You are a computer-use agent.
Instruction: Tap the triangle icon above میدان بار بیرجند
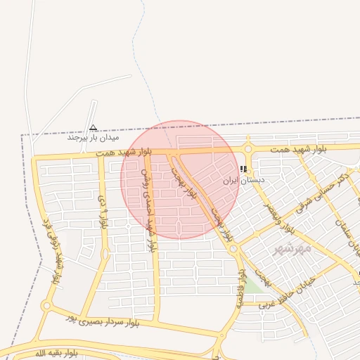(x=93, y=127)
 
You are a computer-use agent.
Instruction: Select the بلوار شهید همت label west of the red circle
(x=105, y=152)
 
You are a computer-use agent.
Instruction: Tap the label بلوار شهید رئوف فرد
(x=54, y=249)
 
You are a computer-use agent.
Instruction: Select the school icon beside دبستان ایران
(x=243, y=169)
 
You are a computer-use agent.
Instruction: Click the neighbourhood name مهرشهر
(x=291, y=248)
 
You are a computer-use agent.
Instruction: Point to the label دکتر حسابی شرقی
(x=317, y=191)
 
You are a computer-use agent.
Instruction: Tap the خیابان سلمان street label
(x=347, y=236)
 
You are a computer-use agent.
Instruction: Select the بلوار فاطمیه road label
(x=241, y=288)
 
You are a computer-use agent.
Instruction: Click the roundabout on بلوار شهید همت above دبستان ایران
(x=248, y=148)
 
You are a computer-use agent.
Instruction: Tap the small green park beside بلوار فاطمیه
(x=255, y=284)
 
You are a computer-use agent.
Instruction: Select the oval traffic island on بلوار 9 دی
(x=105, y=253)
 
